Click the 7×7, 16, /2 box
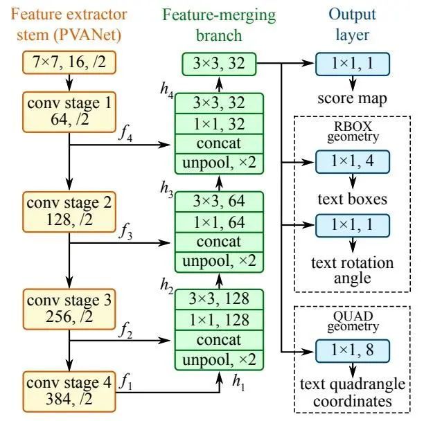69,62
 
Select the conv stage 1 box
69,112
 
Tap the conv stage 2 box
69,212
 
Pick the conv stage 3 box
69,309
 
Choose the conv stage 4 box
69,391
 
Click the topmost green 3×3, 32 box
219,64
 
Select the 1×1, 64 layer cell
219,222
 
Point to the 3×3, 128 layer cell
219,299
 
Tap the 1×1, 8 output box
353,351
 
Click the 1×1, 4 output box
353,161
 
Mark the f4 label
125,134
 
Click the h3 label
167,189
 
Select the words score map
352,98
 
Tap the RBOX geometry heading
353,132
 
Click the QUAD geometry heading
353,321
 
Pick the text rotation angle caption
352,271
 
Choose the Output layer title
352,24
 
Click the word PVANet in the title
87,35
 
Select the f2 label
125,330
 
